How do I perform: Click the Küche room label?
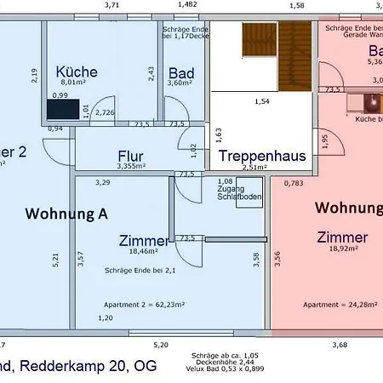click(x=77, y=71)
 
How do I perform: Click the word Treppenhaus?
click(x=250, y=156)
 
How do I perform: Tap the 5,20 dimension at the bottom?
click(x=160, y=344)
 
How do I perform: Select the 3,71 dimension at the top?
click(x=111, y=5)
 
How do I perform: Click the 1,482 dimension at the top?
click(x=186, y=5)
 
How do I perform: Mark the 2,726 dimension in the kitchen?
click(x=106, y=112)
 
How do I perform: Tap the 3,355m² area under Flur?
click(x=133, y=167)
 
